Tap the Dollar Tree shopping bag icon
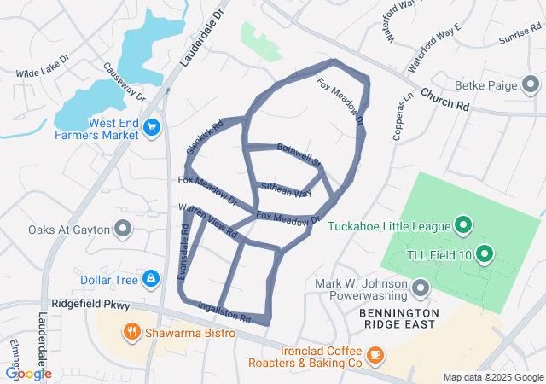click(150, 278)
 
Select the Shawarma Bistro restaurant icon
click(131, 332)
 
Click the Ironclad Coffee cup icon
click(375, 354)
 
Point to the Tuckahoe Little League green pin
click(463, 225)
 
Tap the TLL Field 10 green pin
click(485, 253)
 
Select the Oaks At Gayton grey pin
click(124, 229)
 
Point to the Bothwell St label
click(299, 154)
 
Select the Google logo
click(28, 373)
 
